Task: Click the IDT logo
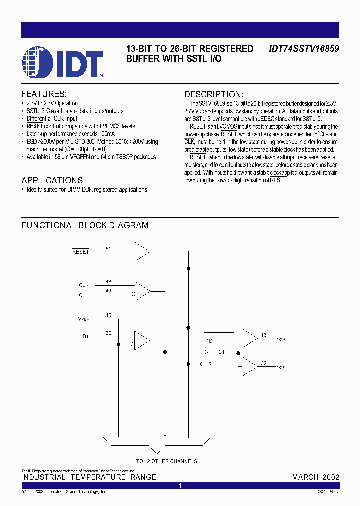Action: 62,62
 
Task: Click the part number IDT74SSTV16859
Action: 304,49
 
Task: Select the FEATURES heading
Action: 44,94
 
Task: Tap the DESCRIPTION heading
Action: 214,94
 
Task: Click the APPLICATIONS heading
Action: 53,180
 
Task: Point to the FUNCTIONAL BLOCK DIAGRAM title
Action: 85,225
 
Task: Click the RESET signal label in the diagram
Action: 80,252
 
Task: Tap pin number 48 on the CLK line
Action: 108,281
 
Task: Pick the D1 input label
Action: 85,336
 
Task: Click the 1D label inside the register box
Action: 210,341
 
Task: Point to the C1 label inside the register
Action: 222,352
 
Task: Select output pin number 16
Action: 263,335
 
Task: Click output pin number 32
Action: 263,363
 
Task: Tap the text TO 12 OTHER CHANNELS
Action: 166,461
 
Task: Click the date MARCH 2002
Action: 315,477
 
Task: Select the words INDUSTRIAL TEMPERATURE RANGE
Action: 89,477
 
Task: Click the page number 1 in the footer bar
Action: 180,486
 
